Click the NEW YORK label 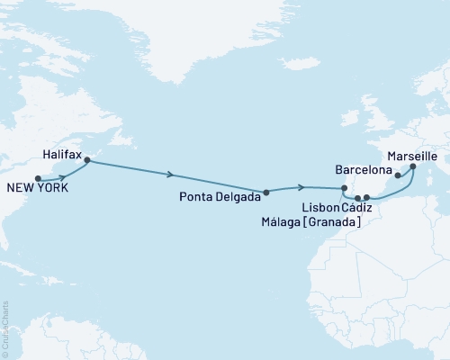pyautogui.click(x=35, y=188)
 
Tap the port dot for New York pyautogui.click(x=38, y=177)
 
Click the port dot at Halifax pyautogui.click(x=87, y=160)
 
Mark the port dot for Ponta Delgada pyautogui.click(x=265, y=192)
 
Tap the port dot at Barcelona pyautogui.click(x=398, y=176)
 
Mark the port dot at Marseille pyautogui.click(x=412, y=166)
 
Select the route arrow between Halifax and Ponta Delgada pyautogui.click(x=171, y=176)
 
